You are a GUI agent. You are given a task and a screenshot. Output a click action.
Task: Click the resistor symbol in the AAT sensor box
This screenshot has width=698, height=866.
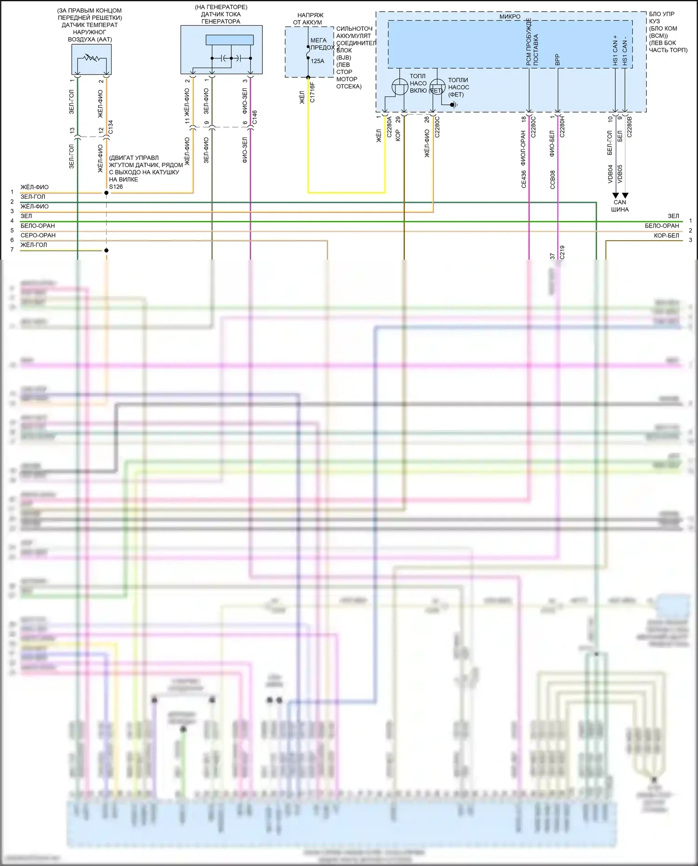92,59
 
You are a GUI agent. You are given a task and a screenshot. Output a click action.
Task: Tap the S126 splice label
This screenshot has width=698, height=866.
116,187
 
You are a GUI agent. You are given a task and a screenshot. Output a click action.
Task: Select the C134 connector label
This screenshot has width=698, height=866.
110,128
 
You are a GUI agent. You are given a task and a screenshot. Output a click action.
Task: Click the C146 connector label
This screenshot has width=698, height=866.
254,117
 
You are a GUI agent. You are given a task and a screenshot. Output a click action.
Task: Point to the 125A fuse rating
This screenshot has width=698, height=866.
317,61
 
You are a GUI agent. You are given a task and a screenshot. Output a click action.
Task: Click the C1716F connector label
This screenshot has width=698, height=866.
312,93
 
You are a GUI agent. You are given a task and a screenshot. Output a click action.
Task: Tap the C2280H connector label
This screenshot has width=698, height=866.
562,127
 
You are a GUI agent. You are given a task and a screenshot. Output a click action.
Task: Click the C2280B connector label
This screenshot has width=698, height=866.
629,127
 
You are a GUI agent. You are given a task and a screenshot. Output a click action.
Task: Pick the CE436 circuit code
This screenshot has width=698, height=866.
523,179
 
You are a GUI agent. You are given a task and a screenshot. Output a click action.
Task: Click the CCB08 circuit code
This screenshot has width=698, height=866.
552,179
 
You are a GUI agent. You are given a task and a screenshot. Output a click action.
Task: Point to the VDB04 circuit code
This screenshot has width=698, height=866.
610,174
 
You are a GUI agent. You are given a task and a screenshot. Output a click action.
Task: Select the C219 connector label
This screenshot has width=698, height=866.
562,252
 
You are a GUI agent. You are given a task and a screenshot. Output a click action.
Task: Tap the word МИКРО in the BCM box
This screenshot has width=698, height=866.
510,17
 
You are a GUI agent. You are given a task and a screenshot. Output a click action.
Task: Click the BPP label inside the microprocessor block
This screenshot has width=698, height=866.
557,60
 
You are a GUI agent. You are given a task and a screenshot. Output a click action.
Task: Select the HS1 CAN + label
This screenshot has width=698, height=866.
615,50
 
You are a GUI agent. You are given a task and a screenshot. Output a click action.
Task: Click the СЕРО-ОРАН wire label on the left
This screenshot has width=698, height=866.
38,235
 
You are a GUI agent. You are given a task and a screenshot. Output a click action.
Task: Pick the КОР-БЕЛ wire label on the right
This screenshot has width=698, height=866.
666,235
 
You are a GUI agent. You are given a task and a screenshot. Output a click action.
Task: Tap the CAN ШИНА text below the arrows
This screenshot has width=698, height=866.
620,206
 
